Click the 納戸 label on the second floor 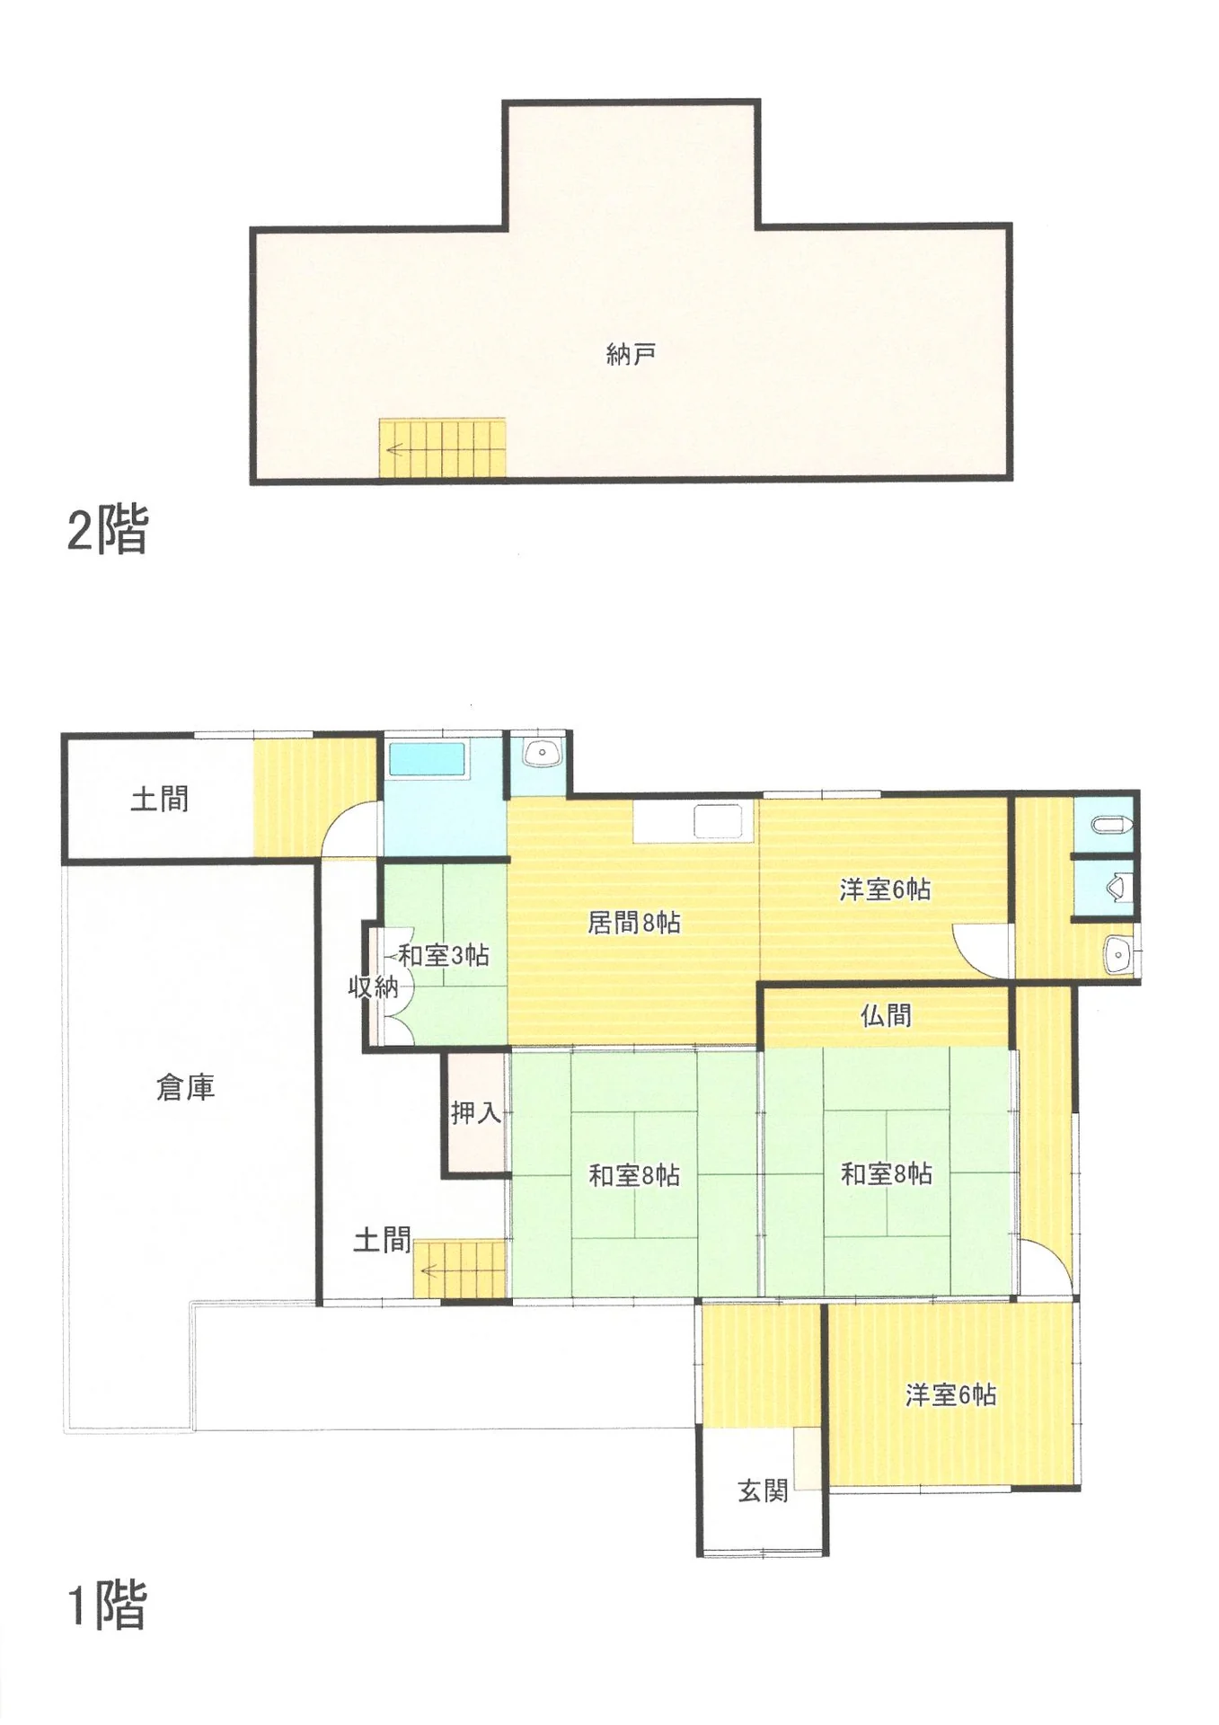tap(631, 355)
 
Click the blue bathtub tap(427, 759)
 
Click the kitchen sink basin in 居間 tap(717, 821)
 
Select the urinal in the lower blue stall tap(1117, 888)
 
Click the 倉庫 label tap(186, 1088)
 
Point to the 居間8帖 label tap(634, 923)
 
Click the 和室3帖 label tap(444, 955)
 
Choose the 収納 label tap(373, 986)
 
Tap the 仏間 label tap(886, 1015)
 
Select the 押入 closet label tap(475, 1113)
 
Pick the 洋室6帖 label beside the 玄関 tap(950, 1394)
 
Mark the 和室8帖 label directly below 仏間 tap(887, 1173)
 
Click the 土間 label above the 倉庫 tap(160, 799)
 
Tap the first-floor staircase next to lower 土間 tap(460, 1269)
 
